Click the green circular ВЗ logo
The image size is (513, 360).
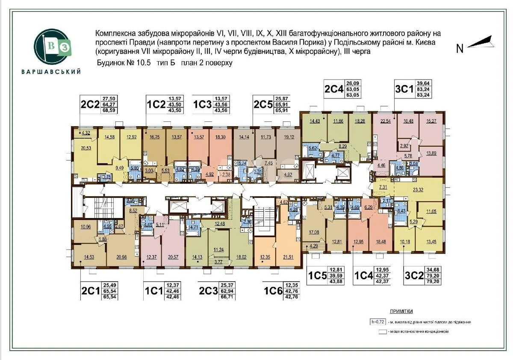pyautogui.click(x=51, y=47)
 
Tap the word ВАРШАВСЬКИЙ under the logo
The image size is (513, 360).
pyautogui.click(x=51, y=72)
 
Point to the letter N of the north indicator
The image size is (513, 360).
pyautogui.click(x=460, y=49)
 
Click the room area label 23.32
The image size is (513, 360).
pyautogui.click(x=419, y=190)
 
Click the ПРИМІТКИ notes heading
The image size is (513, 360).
pyautogui.click(x=401, y=312)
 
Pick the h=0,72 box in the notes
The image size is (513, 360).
pyautogui.click(x=378, y=322)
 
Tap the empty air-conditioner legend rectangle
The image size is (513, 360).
pyautogui.click(x=382, y=331)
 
